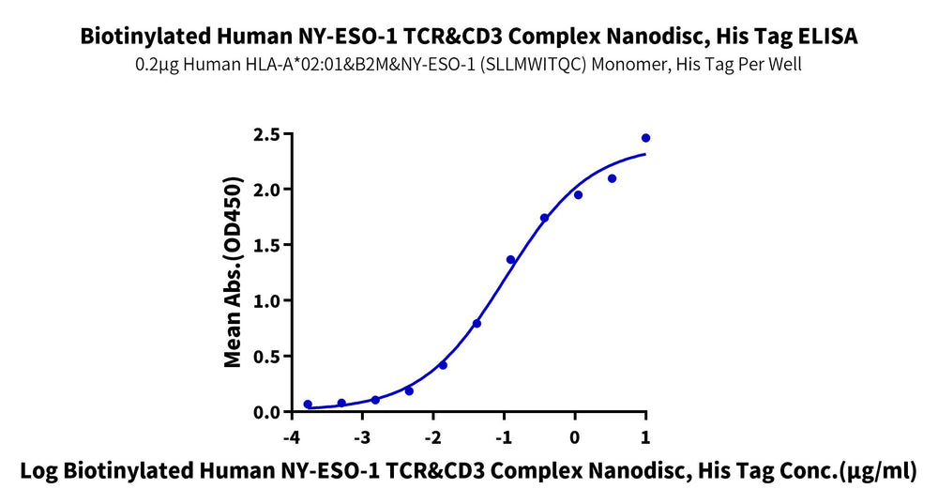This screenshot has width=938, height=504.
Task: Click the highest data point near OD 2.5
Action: click(x=645, y=138)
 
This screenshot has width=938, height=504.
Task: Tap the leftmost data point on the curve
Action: click(x=308, y=405)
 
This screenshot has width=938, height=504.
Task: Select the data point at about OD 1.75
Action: click(x=544, y=218)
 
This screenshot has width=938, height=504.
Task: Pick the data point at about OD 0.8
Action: click(x=477, y=324)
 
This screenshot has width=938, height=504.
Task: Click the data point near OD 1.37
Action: click(x=510, y=260)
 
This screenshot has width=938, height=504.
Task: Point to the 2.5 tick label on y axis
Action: click(x=267, y=134)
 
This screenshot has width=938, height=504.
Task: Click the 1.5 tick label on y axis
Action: click(x=267, y=245)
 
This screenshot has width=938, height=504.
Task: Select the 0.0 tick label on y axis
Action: click(x=267, y=412)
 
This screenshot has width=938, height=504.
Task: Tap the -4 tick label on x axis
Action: click(x=291, y=438)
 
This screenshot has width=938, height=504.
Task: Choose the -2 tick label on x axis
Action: click(x=432, y=438)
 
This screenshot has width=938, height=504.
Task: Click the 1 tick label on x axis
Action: click(x=645, y=438)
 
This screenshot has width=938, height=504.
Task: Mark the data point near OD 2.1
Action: click(x=612, y=178)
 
